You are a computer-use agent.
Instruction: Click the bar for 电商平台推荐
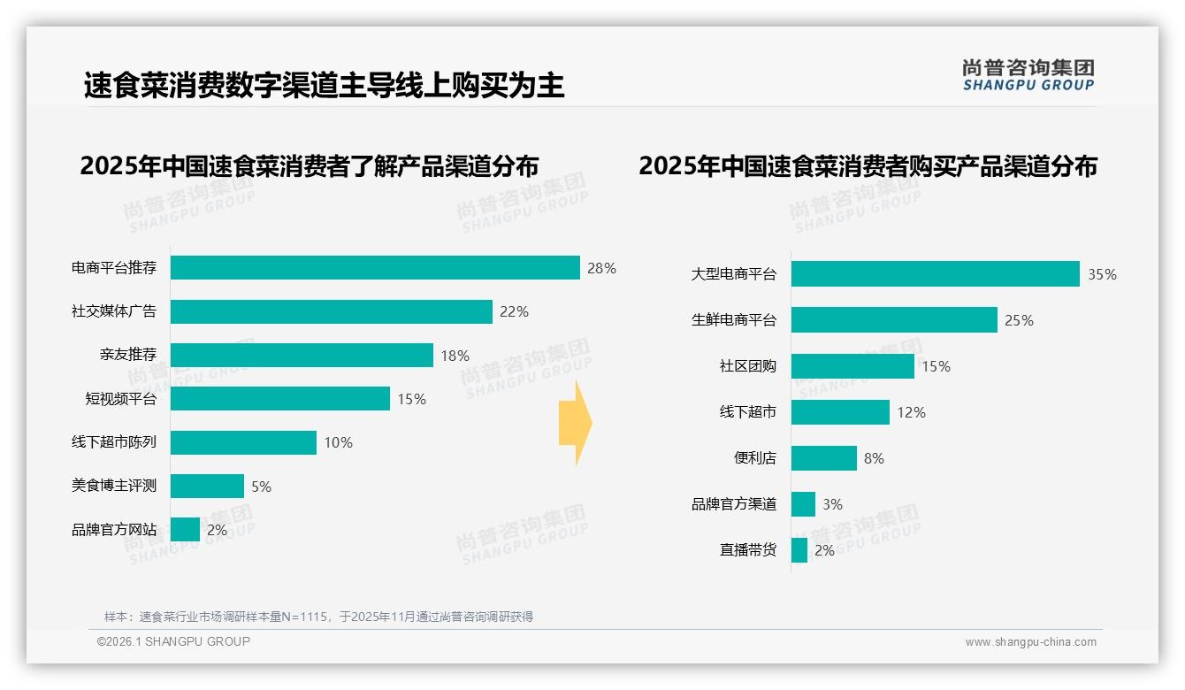(375, 268)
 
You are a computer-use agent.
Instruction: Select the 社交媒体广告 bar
(332, 311)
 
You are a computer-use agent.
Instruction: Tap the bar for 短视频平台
(280, 399)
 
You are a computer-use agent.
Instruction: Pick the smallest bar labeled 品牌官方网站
(186, 530)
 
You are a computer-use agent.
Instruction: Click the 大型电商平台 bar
(935, 274)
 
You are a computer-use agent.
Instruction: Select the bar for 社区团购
(852, 366)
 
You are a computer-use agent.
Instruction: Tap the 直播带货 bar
(799, 550)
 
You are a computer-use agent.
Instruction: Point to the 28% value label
(601, 268)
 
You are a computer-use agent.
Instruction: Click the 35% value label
(1102, 274)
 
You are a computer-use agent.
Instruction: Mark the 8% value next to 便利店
(874, 458)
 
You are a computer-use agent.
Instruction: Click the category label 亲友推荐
(128, 355)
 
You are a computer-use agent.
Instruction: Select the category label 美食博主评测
(114, 486)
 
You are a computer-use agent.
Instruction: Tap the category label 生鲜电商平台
(734, 320)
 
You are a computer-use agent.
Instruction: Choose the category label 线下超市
(748, 412)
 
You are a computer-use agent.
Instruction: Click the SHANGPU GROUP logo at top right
(1028, 75)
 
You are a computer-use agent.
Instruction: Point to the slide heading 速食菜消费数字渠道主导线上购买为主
(324, 86)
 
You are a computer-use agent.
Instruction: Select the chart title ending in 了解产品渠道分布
(309, 166)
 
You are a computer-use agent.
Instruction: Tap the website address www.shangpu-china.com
(1030, 642)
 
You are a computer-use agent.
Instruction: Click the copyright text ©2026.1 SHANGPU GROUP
(173, 641)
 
